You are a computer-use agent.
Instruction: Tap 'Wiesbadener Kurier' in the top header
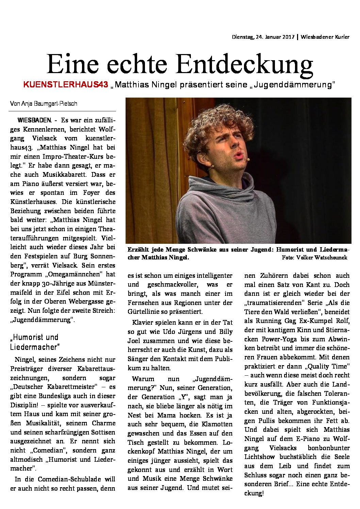coord(325,37)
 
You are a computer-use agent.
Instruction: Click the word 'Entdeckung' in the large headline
coord(245,64)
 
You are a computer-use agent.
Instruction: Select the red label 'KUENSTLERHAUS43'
coord(66,85)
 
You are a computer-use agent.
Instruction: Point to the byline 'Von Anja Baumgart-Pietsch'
coord(44,104)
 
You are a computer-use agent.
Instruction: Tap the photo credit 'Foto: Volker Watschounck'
coord(314,257)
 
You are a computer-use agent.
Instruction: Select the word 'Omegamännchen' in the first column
coord(75,274)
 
